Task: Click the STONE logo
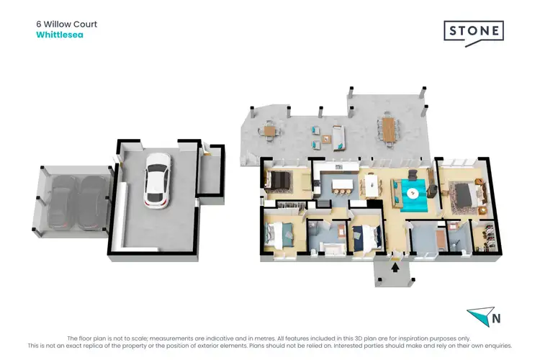(x=472, y=32)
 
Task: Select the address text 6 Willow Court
(x=66, y=24)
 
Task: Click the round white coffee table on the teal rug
(x=413, y=193)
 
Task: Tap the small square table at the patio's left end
(x=269, y=131)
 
